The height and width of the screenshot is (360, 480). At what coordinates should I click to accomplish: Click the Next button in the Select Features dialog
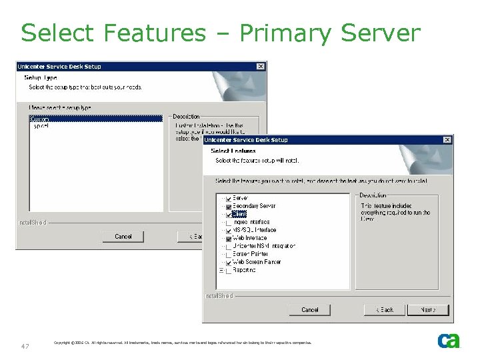click(x=428, y=310)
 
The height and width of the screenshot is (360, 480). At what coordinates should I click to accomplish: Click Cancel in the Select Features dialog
click(x=310, y=310)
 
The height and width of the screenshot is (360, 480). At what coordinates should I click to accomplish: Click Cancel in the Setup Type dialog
click(x=123, y=237)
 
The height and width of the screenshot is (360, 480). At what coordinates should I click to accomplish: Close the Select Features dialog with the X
click(x=447, y=140)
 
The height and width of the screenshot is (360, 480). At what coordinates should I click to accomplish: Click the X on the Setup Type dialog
click(x=261, y=67)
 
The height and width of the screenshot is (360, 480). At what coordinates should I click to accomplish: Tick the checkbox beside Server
click(x=229, y=199)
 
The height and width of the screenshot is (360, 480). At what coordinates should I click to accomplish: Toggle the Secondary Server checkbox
click(x=229, y=207)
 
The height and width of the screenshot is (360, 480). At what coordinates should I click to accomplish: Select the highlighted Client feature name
click(x=239, y=215)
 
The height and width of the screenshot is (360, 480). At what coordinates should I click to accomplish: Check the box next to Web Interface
click(x=229, y=238)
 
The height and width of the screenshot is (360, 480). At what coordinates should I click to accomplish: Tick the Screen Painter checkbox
click(x=229, y=254)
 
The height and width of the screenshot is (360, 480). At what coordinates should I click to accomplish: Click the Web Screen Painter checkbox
click(x=229, y=262)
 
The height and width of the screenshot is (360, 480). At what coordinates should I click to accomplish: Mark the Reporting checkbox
click(x=229, y=271)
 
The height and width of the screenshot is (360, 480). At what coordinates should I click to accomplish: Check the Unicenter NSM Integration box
click(x=229, y=246)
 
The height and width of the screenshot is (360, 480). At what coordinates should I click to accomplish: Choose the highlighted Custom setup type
click(x=41, y=119)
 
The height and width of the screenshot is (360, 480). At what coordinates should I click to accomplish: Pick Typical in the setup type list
click(x=41, y=126)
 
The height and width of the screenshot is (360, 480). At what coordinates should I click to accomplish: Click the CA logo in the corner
click(x=449, y=341)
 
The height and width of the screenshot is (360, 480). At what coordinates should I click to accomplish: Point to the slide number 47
click(x=25, y=346)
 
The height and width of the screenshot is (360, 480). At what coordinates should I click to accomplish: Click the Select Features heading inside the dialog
click(x=233, y=151)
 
